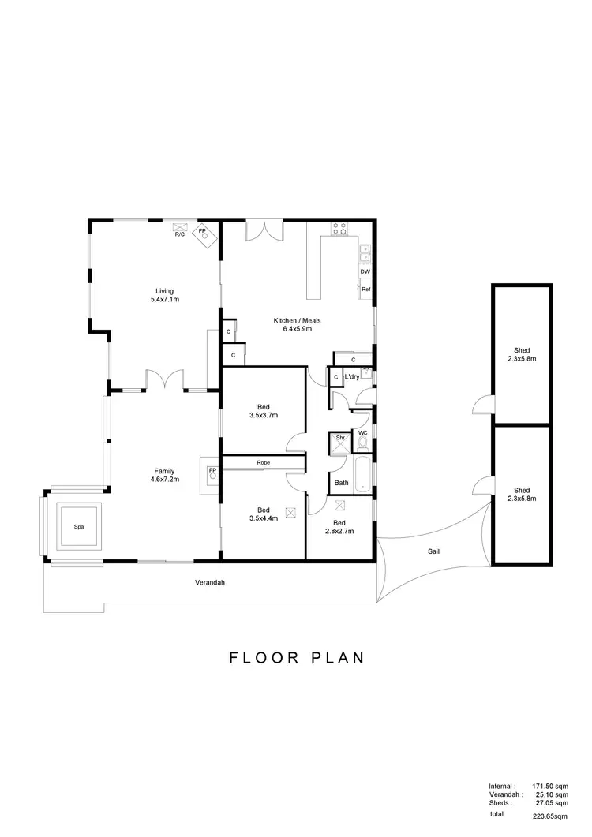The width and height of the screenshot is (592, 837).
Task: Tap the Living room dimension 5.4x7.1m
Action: (165, 300)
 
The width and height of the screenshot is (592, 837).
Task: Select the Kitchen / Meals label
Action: (297, 320)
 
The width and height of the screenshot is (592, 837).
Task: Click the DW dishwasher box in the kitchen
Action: (365, 272)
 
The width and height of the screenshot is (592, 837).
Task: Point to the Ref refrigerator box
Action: (365, 290)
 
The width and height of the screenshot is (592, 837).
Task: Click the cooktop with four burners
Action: (339, 229)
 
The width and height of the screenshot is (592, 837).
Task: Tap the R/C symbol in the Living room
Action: (179, 234)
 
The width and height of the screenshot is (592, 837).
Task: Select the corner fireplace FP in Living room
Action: (204, 234)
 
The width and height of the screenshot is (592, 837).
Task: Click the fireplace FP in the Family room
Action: (212, 474)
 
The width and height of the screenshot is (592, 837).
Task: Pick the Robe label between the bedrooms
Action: (263, 462)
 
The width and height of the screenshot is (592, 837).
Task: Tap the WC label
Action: (362, 433)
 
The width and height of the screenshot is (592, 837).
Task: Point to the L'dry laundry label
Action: (352, 377)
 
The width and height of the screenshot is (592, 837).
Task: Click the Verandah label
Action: (206, 584)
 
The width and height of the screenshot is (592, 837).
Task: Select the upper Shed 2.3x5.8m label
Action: (521, 354)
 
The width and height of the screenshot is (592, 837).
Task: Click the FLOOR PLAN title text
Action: (297, 657)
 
